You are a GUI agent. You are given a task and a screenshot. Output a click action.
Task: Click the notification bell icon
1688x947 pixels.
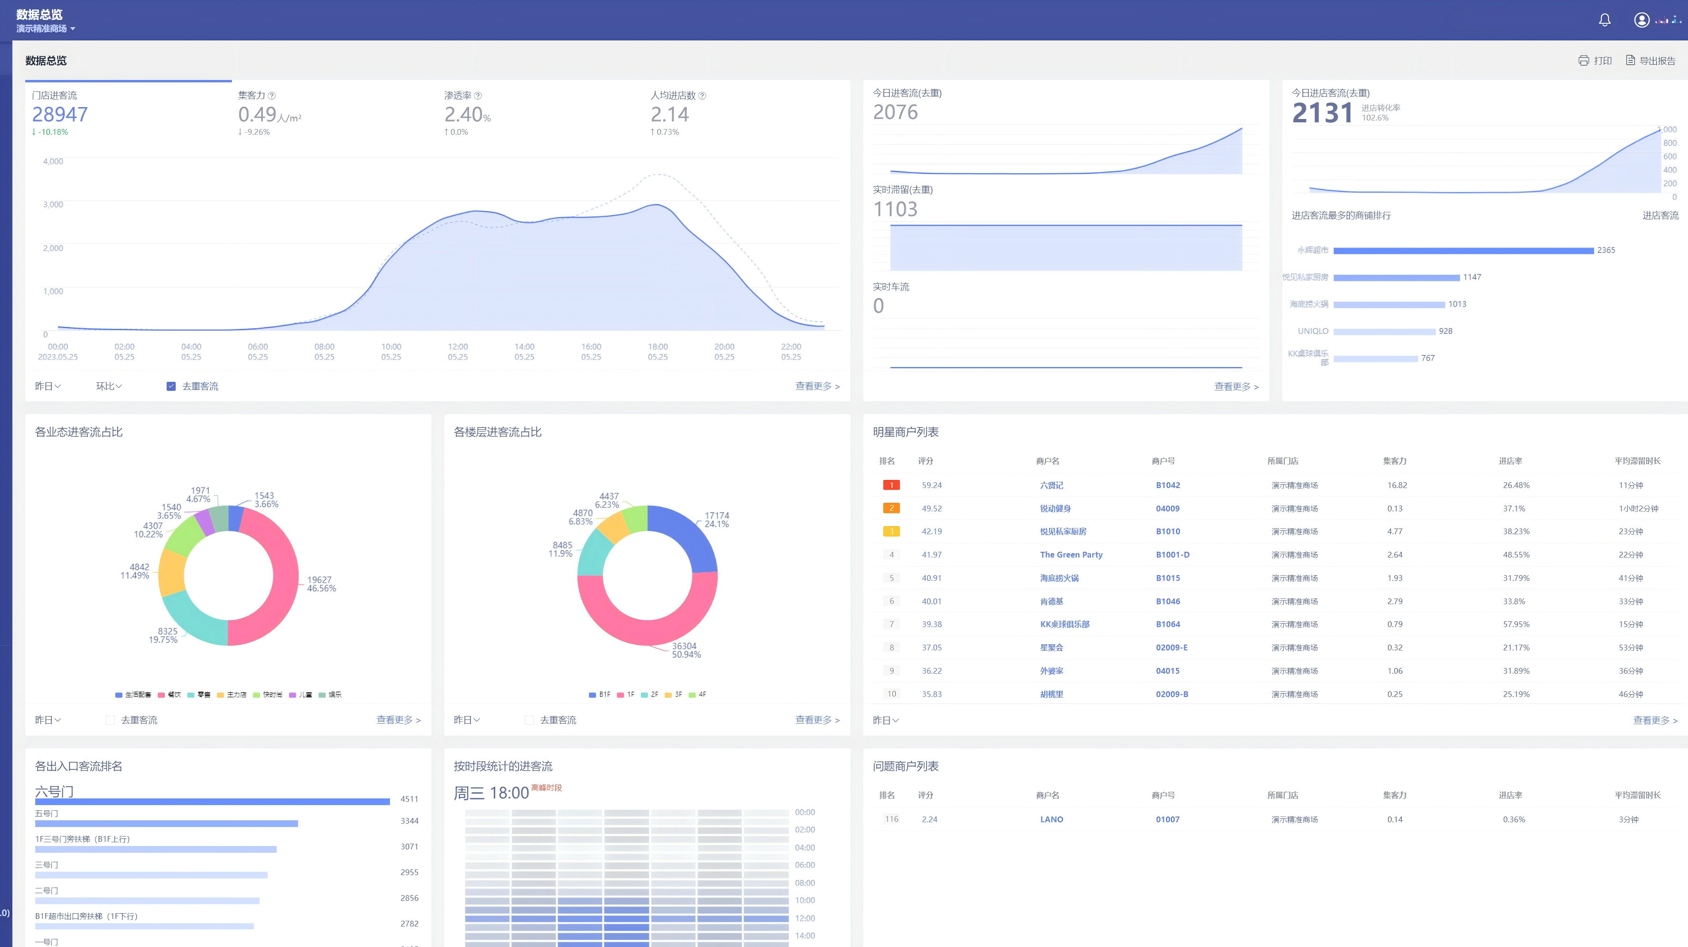click(1604, 20)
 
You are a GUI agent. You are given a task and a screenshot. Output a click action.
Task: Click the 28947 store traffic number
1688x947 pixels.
click(60, 115)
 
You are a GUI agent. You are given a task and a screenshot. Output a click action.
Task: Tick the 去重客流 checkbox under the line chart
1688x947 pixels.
click(171, 387)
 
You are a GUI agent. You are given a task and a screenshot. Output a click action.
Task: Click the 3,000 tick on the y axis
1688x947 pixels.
click(53, 204)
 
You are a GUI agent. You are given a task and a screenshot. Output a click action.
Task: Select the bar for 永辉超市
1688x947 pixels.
click(1463, 250)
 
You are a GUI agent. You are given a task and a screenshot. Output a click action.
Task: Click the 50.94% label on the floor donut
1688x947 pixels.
click(686, 655)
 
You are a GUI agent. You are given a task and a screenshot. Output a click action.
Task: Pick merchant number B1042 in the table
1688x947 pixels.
click(1168, 486)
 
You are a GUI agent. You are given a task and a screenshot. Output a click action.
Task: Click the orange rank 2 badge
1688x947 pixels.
click(891, 508)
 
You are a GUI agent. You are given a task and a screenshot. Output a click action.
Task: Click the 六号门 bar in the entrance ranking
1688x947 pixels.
click(212, 801)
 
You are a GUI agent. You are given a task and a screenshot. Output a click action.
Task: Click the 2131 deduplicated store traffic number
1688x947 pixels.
click(1322, 113)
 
